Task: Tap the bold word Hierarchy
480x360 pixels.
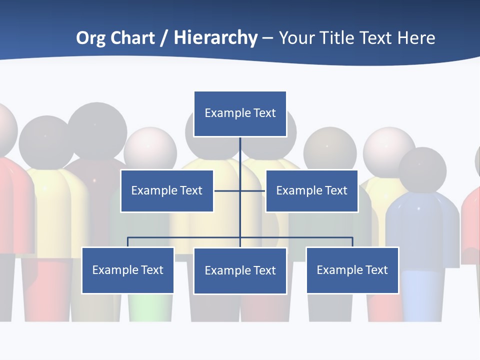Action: tap(215, 38)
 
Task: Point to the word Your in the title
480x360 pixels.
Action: tap(297, 38)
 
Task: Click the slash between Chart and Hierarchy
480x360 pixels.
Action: tap(164, 38)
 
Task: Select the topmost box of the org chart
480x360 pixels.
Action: tap(240, 113)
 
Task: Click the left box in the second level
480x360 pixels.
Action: tap(167, 190)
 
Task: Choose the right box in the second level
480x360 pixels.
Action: tap(311, 190)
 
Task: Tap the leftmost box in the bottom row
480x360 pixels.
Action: tap(128, 270)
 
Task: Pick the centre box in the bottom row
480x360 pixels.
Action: tap(240, 270)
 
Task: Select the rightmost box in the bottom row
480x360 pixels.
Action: tap(352, 270)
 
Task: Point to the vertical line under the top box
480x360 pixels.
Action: tap(240, 155)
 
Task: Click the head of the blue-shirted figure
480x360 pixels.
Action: tap(422, 170)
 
